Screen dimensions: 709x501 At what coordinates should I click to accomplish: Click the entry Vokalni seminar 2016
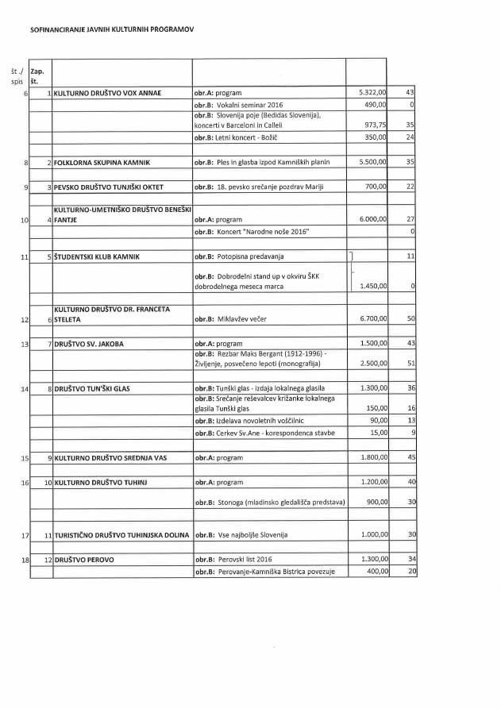pyautogui.click(x=238, y=104)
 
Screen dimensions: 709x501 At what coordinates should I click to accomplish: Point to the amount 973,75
pyautogui.click(x=375, y=125)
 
